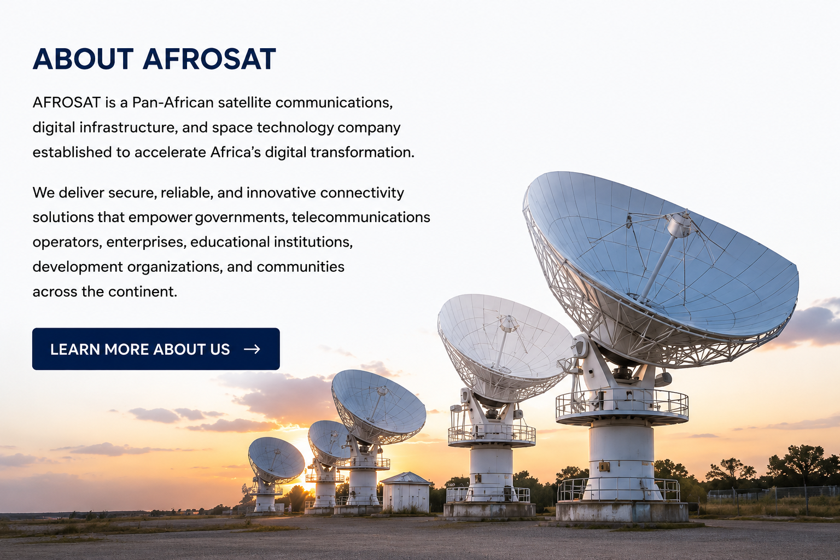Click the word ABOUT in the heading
[x=83, y=59]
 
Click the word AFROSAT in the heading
[x=209, y=59]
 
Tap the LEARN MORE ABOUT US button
[x=156, y=349]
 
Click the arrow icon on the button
[x=252, y=349]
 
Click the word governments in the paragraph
[x=242, y=218]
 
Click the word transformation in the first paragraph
[x=362, y=152]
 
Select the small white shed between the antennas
[x=406, y=492]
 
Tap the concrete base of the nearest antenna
[x=622, y=511]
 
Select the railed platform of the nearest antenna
[x=622, y=406]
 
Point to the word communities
[x=300, y=267]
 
